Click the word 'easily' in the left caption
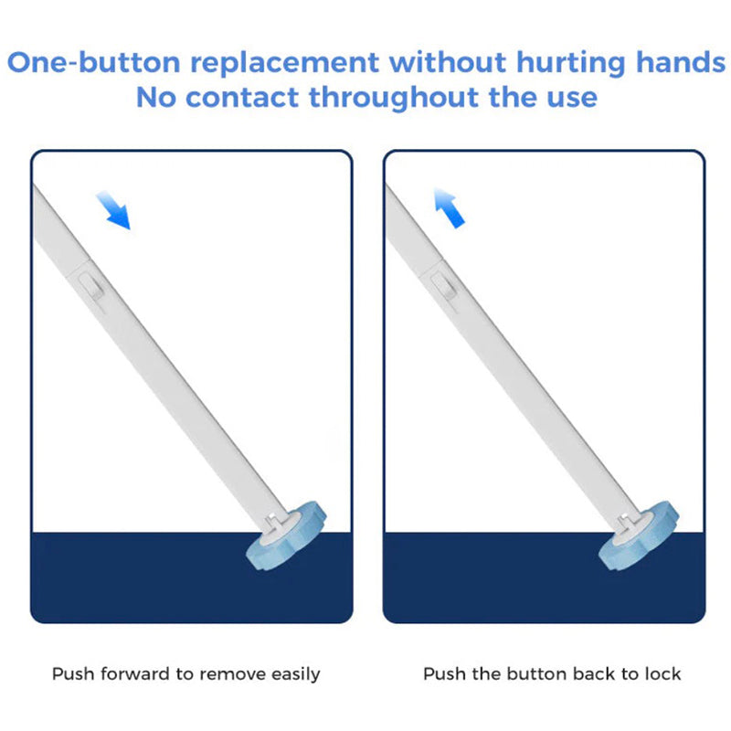point(293,675)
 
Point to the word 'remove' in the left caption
point(229,674)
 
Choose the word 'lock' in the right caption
point(662,674)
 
